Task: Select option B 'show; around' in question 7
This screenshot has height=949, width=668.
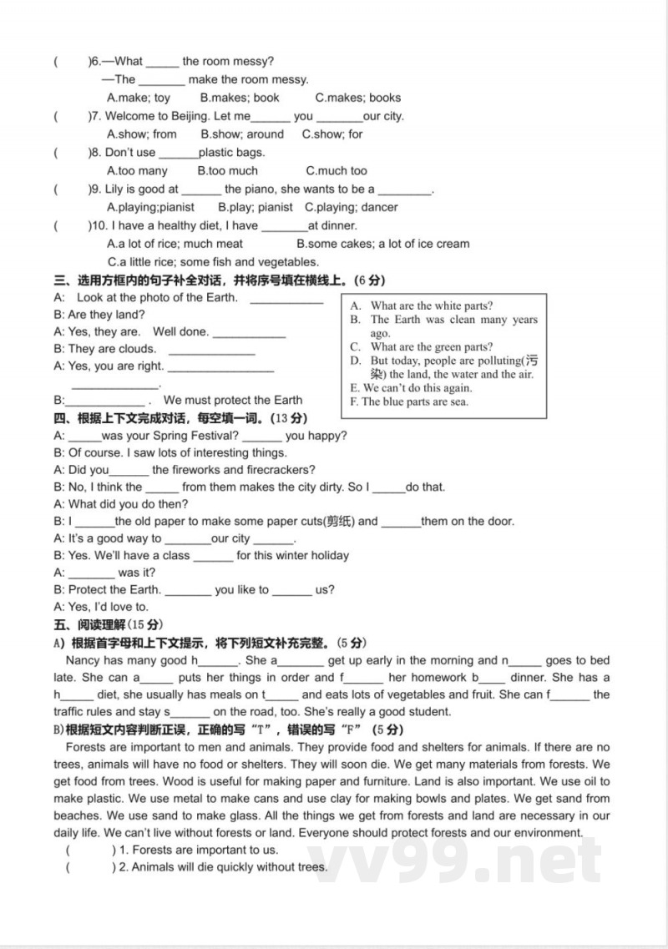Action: point(242,134)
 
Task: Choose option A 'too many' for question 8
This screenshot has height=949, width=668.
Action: point(137,170)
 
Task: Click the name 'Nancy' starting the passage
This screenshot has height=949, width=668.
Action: point(82,660)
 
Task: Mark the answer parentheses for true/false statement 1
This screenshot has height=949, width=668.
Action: point(88,850)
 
